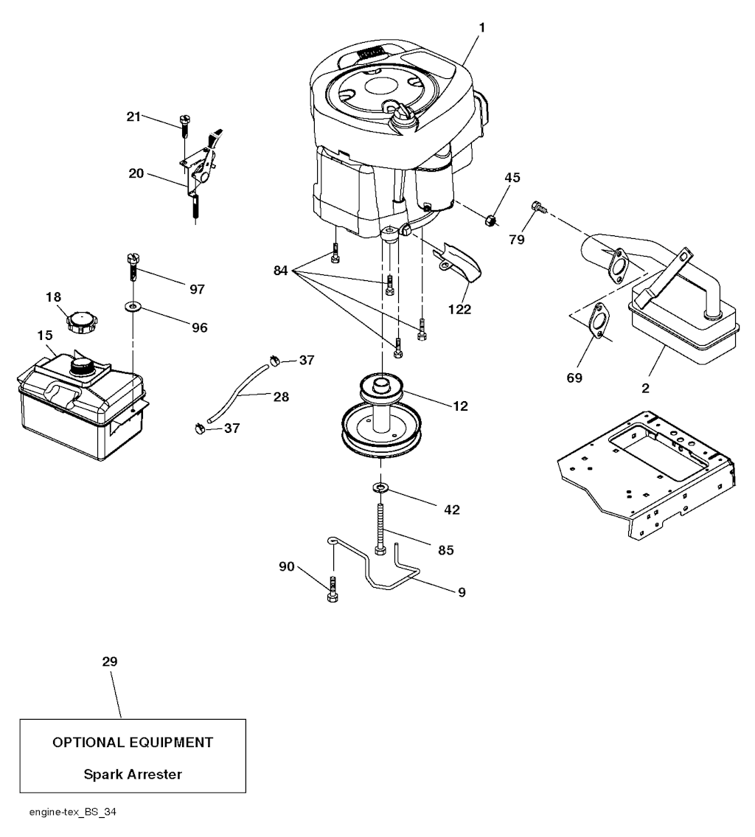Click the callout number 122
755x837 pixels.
coord(459,310)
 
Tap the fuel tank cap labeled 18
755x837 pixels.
coord(80,322)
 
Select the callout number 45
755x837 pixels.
coord(512,177)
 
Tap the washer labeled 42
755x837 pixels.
coord(380,487)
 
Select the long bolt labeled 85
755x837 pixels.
coord(380,528)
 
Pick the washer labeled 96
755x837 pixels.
coord(133,305)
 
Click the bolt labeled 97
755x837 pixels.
coord(132,267)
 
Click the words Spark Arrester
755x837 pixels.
coord(133,774)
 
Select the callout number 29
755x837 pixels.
coord(109,662)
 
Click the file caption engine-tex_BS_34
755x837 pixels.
coord(72,813)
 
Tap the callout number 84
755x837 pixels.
coord(282,271)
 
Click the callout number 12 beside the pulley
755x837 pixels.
coord(461,406)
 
